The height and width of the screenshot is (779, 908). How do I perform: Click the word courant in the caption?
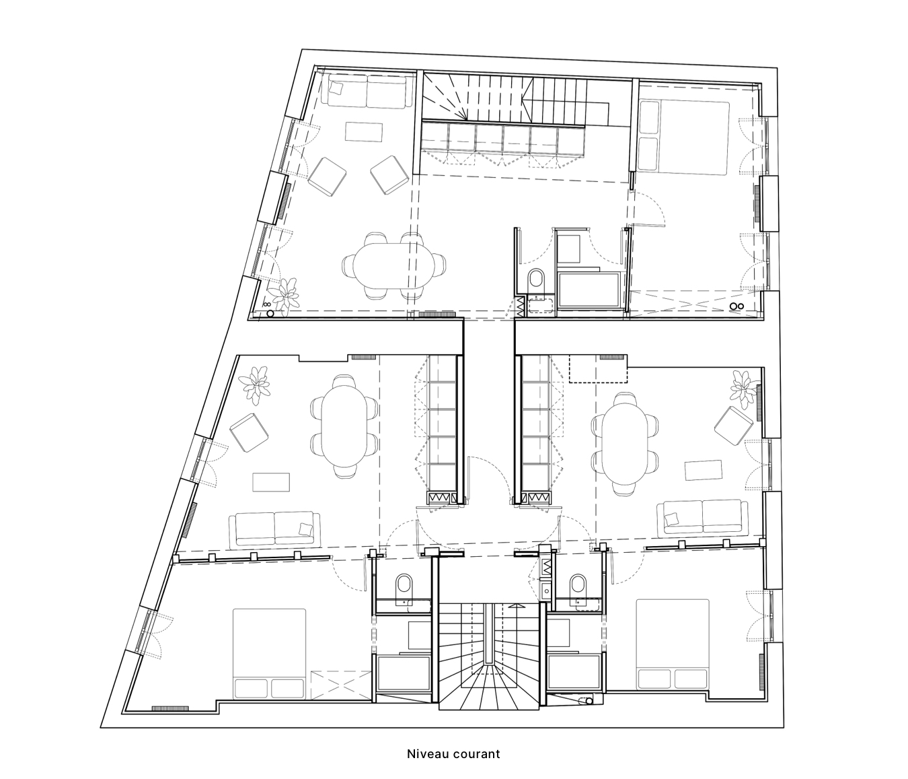click(x=476, y=753)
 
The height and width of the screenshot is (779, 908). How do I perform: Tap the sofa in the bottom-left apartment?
click(x=274, y=529)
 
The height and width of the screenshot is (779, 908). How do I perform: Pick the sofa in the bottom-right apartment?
click(x=703, y=516)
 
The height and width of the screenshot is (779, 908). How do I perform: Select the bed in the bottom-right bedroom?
click(x=673, y=643)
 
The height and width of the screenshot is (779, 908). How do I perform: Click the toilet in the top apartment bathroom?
click(x=536, y=278)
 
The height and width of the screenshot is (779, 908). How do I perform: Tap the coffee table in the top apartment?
click(x=364, y=131)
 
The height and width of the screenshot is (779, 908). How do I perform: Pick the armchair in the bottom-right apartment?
click(x=734, y=425)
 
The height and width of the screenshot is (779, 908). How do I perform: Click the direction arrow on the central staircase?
click(x=516, y=606)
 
